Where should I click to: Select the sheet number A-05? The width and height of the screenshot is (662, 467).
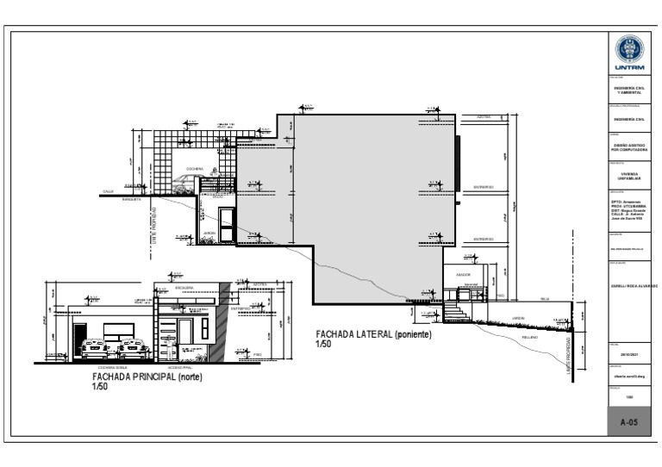[628, 422]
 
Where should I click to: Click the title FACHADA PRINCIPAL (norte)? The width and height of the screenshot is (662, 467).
[148, 377]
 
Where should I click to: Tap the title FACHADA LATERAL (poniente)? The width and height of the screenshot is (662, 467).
[372, 333]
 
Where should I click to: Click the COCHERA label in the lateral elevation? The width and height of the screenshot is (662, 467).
[195, 169]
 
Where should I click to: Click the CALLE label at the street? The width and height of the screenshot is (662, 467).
[108, 190]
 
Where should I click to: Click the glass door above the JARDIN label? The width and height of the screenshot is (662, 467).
[227, 224]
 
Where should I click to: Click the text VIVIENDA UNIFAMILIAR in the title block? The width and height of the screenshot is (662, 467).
[628, 176]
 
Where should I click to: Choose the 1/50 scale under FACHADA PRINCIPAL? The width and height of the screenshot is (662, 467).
[100, 387]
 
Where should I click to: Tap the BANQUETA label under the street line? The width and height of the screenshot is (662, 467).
[130, 199]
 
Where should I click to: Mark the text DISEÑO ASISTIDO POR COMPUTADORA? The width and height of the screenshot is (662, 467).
[628, 147]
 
